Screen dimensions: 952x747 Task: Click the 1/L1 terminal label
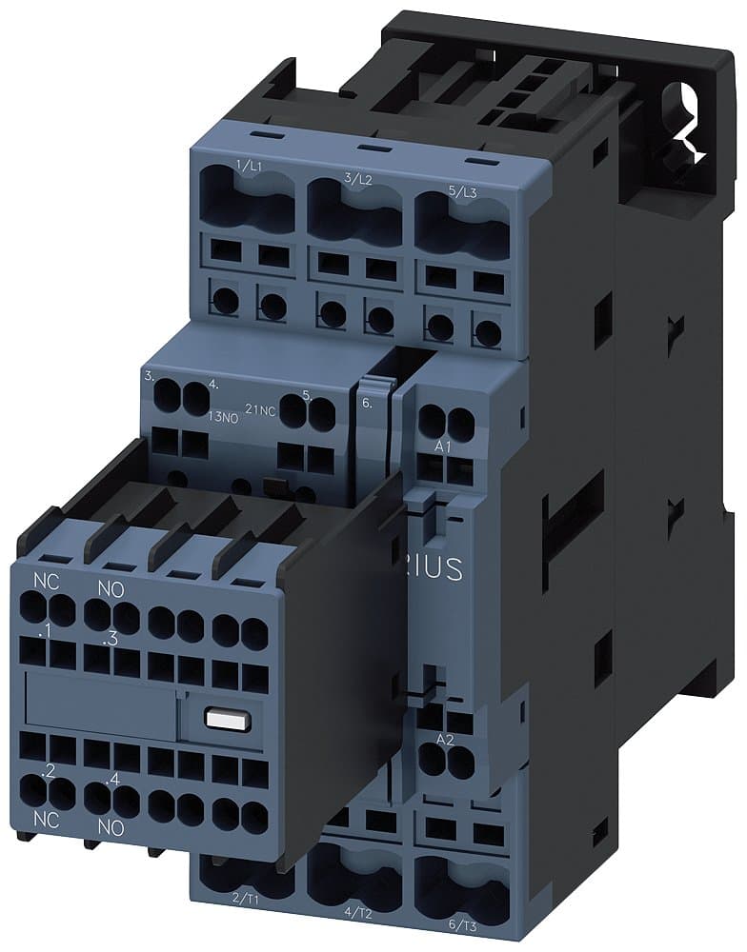click(x=251, y=168)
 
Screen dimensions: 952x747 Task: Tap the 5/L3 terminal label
click(x=464, y=190)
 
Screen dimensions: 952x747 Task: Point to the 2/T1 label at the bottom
click(x=245, y=896)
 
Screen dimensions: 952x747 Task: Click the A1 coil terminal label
click(x=442, y=446)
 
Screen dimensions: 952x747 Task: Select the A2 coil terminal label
click(x=445, y=739)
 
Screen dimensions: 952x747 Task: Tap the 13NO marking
click(x=223, y=415)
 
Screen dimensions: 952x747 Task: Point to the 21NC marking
click(x=260, y=408)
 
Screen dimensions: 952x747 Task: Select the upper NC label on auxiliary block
click(x=46, y=580)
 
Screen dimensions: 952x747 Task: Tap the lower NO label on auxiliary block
click(x=111, y=828)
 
